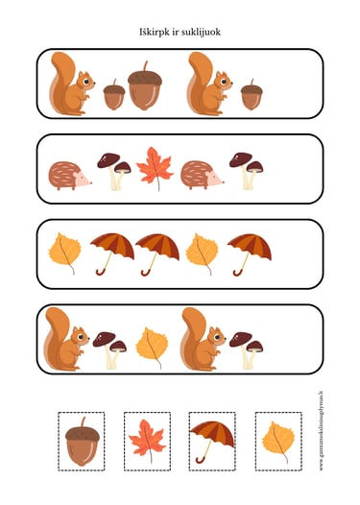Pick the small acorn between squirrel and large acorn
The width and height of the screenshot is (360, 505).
point(113,93)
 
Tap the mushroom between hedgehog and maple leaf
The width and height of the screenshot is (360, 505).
point(113,169)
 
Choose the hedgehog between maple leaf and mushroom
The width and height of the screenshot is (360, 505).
point(202,174)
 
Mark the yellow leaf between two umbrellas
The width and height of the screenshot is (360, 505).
point(202,252)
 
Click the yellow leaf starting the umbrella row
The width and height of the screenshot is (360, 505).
point(65,252)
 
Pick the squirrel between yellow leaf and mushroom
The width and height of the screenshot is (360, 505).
point(203,339)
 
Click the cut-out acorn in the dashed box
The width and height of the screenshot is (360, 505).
point(82,443)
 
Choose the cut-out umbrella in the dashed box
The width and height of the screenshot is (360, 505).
point(212,437)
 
